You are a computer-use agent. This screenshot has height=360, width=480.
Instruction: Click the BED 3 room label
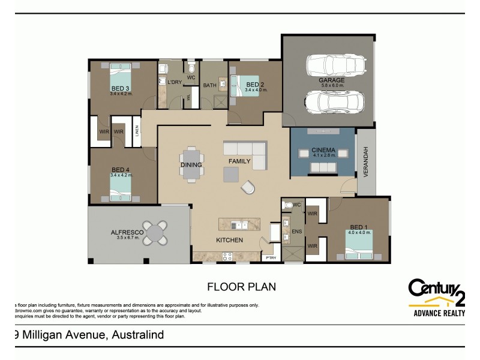click(120, 88)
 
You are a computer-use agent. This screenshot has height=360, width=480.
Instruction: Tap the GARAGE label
click(331, 80)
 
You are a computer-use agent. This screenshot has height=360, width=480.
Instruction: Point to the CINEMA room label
click(323, 150)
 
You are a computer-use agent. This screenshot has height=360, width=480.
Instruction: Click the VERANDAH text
click(365, 162)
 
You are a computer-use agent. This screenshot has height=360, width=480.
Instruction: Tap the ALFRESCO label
click(125, 232)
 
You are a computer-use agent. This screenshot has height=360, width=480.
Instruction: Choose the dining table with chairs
click(191, 163)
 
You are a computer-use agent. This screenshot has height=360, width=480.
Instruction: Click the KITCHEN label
click(230, 240)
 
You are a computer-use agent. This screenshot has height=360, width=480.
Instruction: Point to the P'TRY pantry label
click(271, 258)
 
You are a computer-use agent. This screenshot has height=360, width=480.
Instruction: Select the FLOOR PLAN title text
click(241, 287)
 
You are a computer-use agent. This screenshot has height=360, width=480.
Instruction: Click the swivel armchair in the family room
click(248, 188)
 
